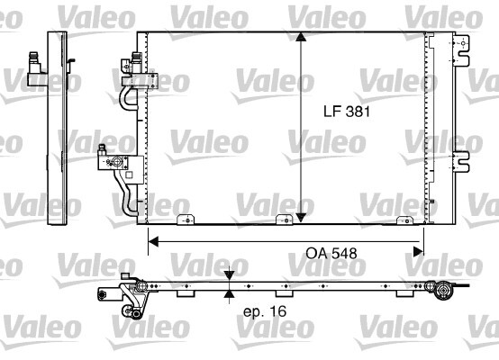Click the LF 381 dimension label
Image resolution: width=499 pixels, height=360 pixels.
click(x=347, y=112)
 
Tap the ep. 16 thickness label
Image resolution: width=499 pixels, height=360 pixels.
click(x=264, y=311)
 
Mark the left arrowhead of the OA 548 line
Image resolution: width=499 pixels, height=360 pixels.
click(x=153, y=240)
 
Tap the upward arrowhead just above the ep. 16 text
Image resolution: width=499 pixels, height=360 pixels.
click(x=230, y=294)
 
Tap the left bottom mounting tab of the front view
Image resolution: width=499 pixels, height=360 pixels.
click(x=186, y=220)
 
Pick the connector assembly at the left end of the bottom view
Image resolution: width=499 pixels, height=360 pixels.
click(x=131, y=296)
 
